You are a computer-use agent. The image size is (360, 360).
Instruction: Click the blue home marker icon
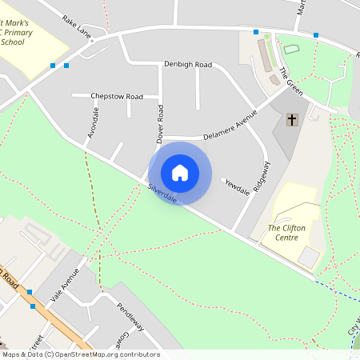[x=180, y=173]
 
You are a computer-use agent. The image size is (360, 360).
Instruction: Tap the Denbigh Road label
[x=187, y=64]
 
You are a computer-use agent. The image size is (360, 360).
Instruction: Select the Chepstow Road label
[x=117, y=96]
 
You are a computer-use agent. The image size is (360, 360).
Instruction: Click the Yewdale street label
[x=238, y=185]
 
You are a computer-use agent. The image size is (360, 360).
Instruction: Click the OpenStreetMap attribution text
[x=80, y=354]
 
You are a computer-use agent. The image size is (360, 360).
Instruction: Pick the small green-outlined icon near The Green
[x=290, y=50]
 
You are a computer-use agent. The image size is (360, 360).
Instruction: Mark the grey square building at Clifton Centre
[x=309, y=257]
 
